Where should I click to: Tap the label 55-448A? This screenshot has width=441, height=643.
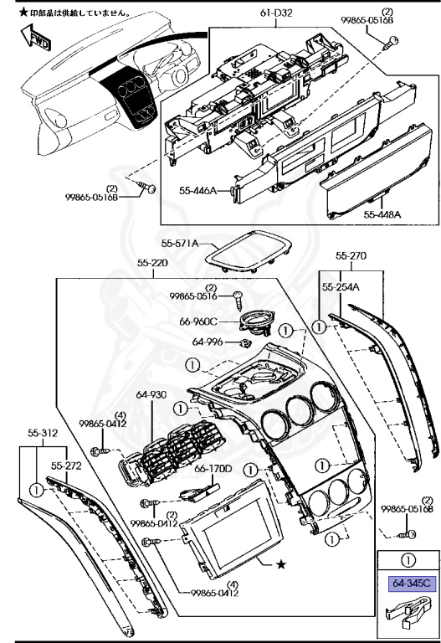tap(382, 214)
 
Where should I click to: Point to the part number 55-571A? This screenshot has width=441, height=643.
tap(179, 244)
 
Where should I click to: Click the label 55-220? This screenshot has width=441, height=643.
tap(154, 263)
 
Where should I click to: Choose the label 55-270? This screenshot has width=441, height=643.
tap(351, 255)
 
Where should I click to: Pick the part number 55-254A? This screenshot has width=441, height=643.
tap(341, 287)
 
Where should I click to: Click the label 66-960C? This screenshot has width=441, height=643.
tap(199, 321)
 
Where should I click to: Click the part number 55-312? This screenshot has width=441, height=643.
tap(42, 433)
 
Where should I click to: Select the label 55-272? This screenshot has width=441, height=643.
tap(65, 465)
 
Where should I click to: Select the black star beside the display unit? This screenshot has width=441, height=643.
tap(281, 564)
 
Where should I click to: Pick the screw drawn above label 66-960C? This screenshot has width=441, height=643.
tap(238, 296)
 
